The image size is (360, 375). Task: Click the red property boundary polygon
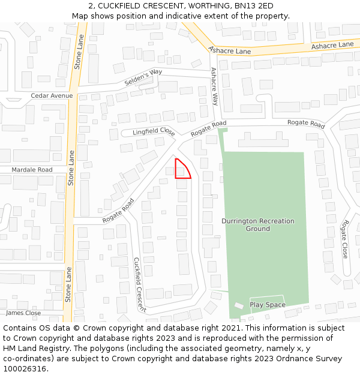(x=181, y=170)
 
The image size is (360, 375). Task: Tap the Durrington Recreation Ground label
(x=258, y=224)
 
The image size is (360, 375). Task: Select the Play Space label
(x=268, y=305)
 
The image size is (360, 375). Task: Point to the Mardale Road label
(x=32, y=170)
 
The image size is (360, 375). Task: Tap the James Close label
(x=23, y=313)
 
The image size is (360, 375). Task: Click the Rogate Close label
(x=344, y=239)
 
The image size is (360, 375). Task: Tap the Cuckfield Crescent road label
(x=139, y=285)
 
